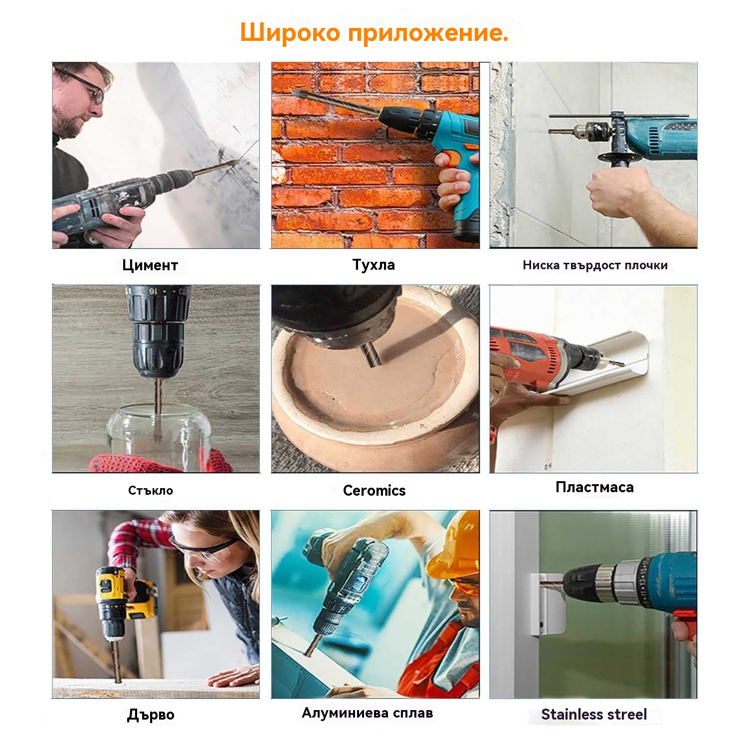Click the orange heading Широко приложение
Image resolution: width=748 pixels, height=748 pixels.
(374, 33)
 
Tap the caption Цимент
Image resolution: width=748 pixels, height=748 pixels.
(150, 265)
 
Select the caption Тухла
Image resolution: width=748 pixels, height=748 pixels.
(374, 264)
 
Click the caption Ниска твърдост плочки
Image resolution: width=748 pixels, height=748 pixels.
(595, 265)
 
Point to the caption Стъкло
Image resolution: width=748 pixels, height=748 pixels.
(151, 490)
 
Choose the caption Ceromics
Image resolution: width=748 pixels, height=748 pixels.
(374, 490)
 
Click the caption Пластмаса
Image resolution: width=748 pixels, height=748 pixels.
(594, 487)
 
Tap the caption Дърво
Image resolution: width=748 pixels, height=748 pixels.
(151, 715)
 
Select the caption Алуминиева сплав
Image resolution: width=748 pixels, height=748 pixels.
(367, 713)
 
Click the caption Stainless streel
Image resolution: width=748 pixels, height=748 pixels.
(594, 714)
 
